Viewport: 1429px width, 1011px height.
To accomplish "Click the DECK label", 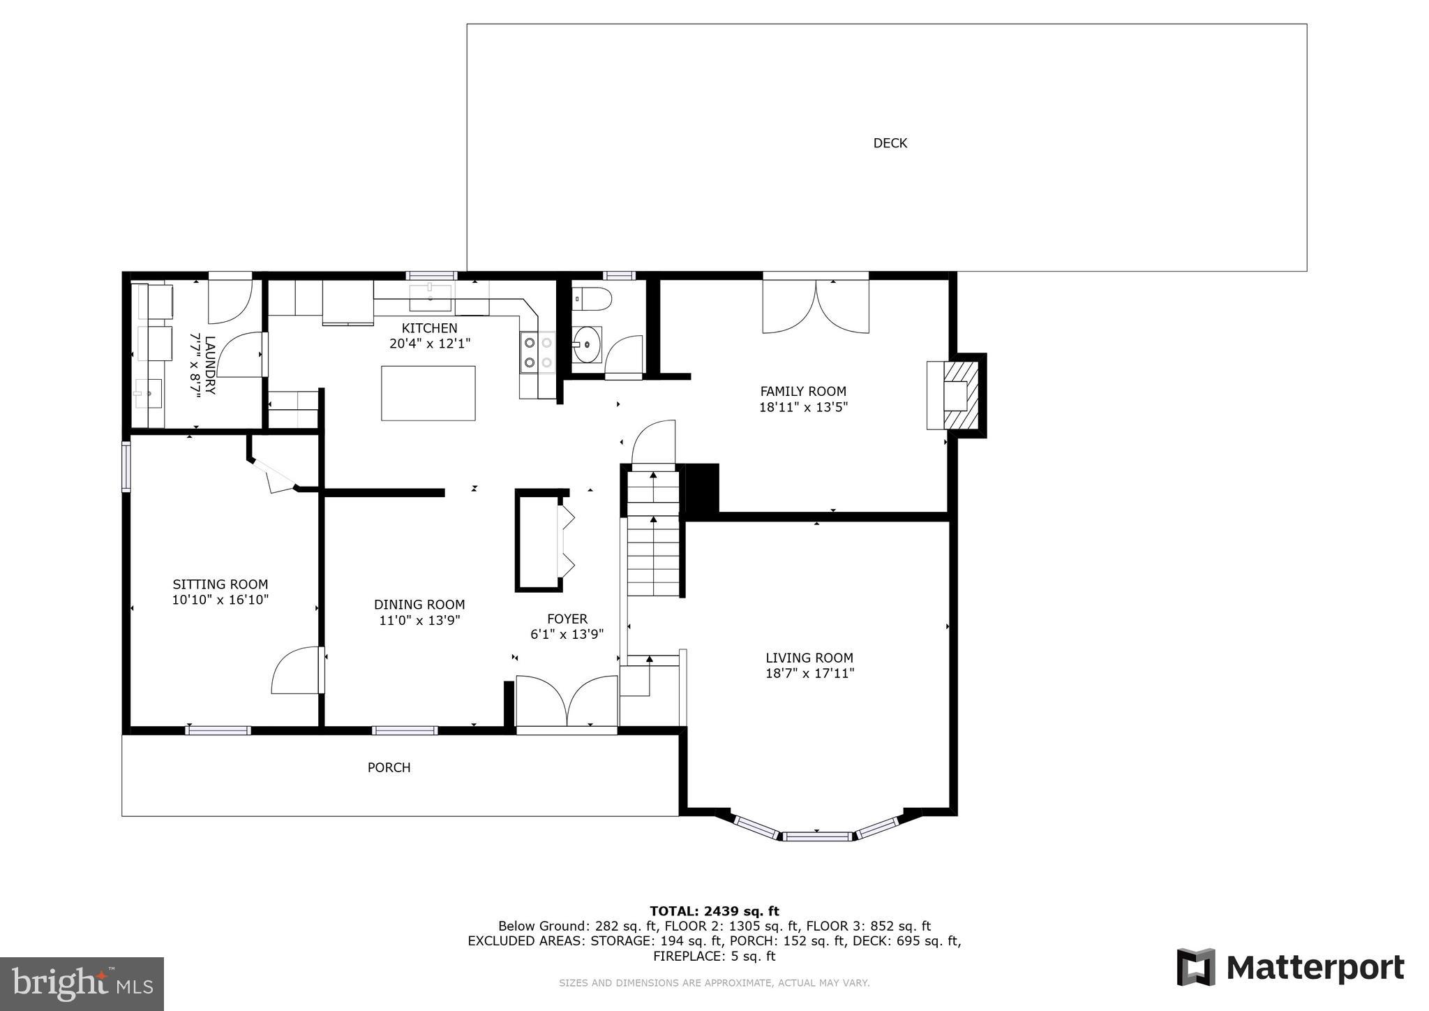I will (890, 143).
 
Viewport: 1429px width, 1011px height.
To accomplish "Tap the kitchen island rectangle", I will (428, 393).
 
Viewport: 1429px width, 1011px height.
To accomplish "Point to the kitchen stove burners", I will (538, 353).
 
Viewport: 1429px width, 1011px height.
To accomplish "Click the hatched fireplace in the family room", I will (962, 395).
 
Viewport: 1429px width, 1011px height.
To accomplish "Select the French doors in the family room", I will (816, 306).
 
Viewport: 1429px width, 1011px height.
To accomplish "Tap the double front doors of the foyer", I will (567, 702).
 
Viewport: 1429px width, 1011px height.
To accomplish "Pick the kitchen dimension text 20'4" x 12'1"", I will (430, 344).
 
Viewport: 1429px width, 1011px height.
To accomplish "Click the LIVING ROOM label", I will (809, 658).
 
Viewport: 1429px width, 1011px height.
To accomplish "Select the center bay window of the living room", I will (816, 836).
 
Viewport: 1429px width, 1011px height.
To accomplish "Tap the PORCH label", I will (389, 767).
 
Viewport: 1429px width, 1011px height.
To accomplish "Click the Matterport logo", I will (1290, 968).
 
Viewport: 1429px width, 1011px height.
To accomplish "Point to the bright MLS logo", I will (82, 984).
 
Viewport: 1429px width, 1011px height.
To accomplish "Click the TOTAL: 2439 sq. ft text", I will (714, 910).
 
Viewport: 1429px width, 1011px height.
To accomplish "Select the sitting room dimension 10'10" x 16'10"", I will (220, 600).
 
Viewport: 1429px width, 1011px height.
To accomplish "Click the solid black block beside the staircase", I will (702, 489).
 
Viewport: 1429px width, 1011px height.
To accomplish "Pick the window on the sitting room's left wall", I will (126, 466).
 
